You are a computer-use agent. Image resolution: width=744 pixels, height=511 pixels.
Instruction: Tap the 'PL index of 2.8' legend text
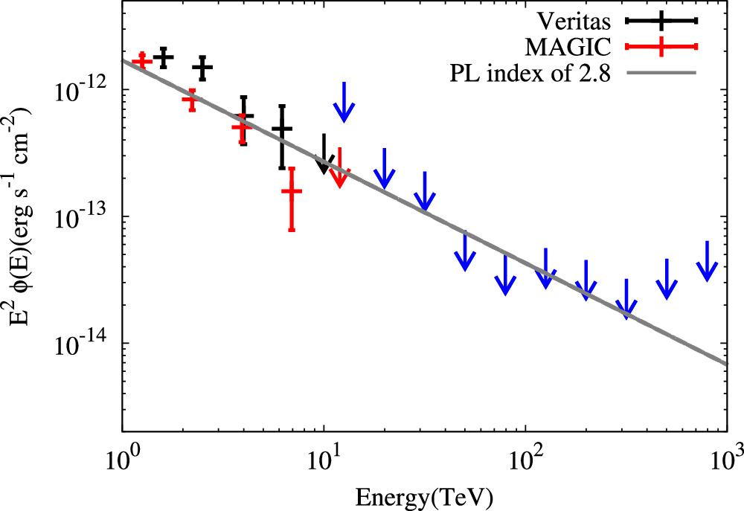pyautogui.click(x=530, y=73)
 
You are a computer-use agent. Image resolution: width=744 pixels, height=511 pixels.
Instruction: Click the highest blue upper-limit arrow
pyautogui.click(x=344, y=103)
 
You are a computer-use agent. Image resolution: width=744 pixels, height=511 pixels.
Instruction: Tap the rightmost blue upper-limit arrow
pyautogui.click(x=707, y=262)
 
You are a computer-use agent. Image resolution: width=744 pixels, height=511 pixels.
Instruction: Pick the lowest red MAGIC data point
pyautogui.click(x=292, y=191)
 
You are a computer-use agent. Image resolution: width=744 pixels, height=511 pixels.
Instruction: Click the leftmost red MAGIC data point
pyautogui.click(x=141, y=60)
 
